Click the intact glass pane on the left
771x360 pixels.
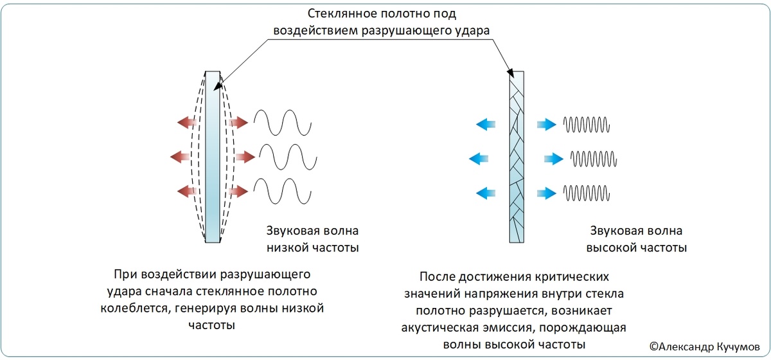[212, 157]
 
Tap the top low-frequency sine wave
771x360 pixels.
[283, 122]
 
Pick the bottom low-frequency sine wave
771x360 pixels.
[283, 191]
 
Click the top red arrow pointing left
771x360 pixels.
[188, 122]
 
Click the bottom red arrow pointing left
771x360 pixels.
[188, 191]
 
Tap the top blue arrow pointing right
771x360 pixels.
[547, 124]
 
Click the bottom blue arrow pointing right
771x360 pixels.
[547, 192]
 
